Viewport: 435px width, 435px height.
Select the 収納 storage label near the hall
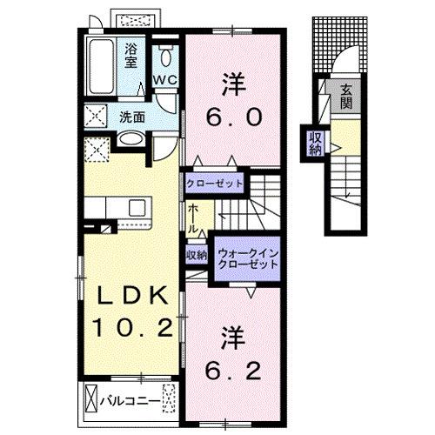tap(195, 255)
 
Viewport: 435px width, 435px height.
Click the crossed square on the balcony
tap(92, 400)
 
